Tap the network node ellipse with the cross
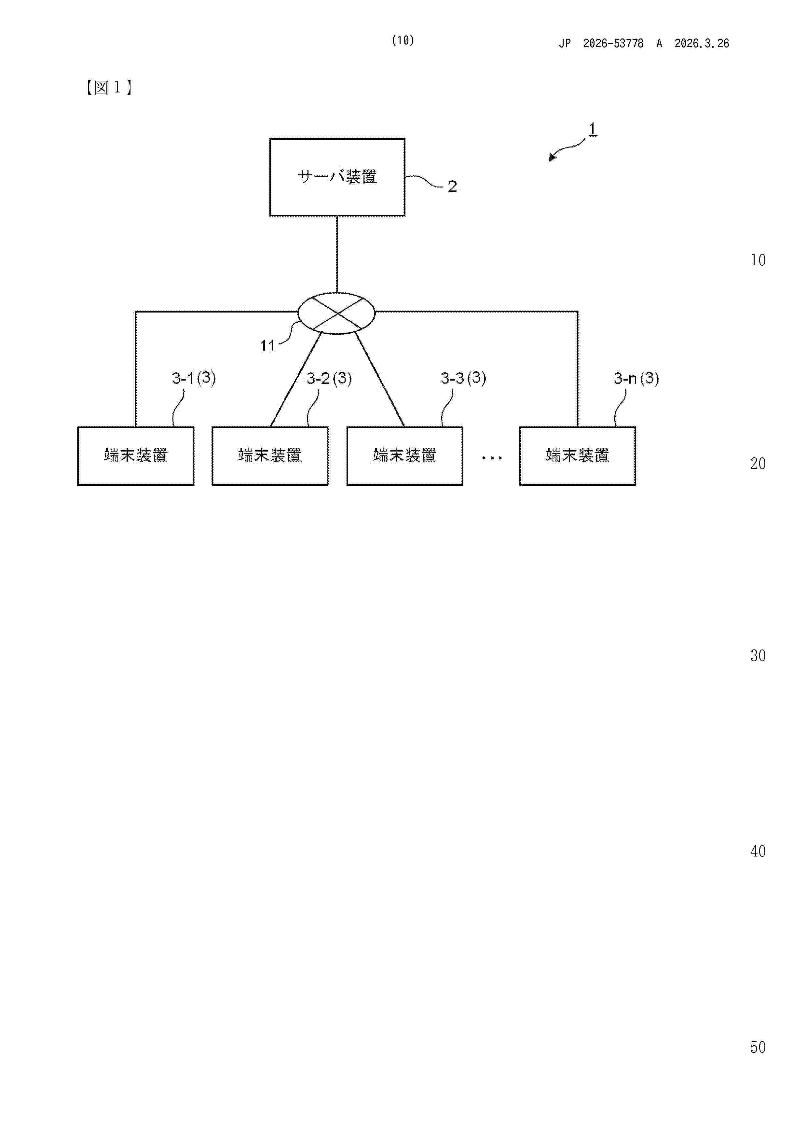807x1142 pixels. click(336, 313)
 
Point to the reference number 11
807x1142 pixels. click(267, 346)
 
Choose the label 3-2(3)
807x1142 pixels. click(329, 379)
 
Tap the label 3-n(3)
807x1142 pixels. click(636, 379)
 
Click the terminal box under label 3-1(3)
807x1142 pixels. click(136, 456)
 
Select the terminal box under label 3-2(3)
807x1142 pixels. click(270, 456)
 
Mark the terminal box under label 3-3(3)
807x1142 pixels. click(405, 456)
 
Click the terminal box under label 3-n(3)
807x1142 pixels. click(577, 456)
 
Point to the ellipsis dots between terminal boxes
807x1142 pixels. click(491, 458)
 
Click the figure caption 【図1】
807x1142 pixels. click(108, 88)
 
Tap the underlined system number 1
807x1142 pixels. click(592, 129)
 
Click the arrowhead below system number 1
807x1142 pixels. click(552, 157)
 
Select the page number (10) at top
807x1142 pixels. click(403, 40)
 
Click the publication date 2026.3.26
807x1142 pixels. click(702, 44)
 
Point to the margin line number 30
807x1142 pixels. click(758, 656)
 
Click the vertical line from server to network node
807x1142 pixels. click(337, 254)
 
